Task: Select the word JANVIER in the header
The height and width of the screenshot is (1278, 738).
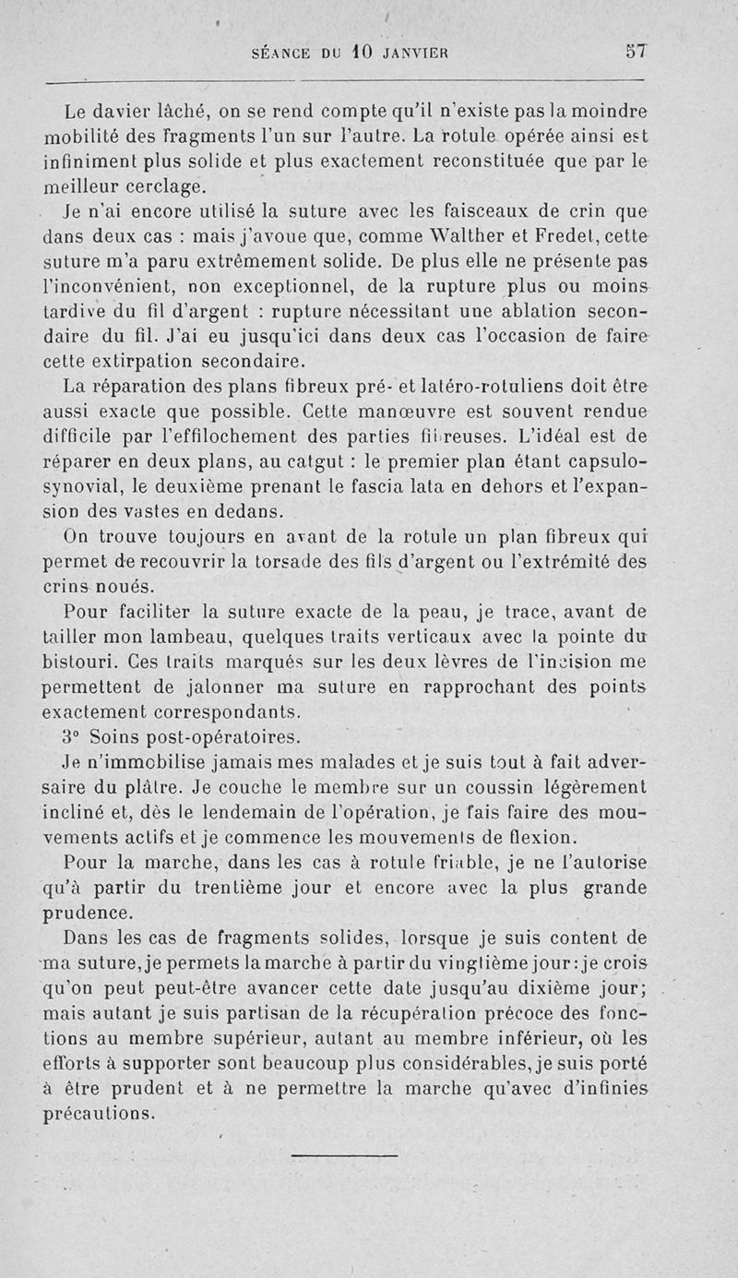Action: point(414,54)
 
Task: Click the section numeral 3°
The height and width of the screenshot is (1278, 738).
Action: point(74,736)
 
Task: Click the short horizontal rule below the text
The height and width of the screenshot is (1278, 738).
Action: point(343,1154)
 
